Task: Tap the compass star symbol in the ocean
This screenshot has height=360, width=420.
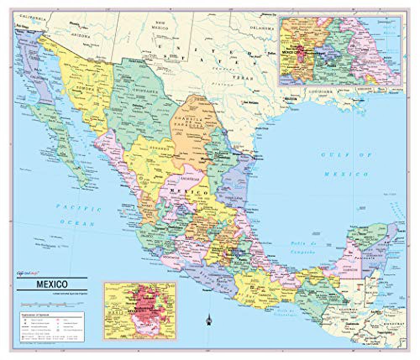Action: pyautogui.click(x=208, y=321)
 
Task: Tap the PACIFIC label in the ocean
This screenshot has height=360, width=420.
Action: pyautogui.click(x=79, y=207)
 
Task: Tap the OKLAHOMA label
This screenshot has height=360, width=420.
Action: pyautogui.click(x=262, y=27)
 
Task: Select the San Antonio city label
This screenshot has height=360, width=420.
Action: pyautogui.click(x=248, y=103)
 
